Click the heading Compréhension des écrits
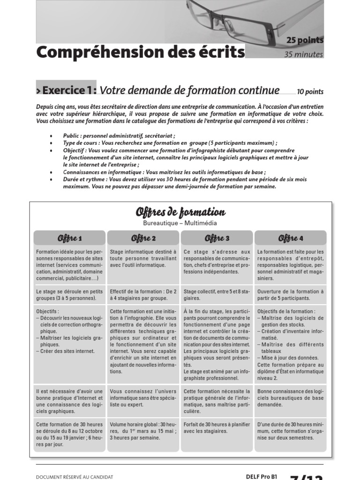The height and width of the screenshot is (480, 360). tap(141, 52)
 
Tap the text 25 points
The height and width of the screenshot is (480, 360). tap(305, 41)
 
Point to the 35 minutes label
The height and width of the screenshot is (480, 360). tap(304, 55)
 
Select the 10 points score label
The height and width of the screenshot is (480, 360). tap(310, 92)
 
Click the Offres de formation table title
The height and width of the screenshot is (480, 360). tap(180, 213)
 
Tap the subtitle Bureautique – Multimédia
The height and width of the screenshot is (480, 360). tap(180, 224)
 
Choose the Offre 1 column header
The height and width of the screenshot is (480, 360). tap(70, 239)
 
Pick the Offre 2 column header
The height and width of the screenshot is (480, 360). tap(143, 239)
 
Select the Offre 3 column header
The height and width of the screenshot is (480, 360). tap(217, 239)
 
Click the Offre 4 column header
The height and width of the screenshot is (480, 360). tap(291, 239)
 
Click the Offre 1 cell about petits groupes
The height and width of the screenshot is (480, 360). tap(69, 294)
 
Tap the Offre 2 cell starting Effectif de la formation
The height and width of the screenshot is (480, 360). tap(143, 294)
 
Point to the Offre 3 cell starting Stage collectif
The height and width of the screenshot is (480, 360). tap(217, 294)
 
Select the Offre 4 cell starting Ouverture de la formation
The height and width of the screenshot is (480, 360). tap(291, 294)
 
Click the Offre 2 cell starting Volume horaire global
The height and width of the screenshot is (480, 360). tap(143, 431)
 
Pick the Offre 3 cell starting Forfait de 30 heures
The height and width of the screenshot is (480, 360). tap(217, 428)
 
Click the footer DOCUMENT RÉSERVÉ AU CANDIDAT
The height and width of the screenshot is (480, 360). tap(75, 477)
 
